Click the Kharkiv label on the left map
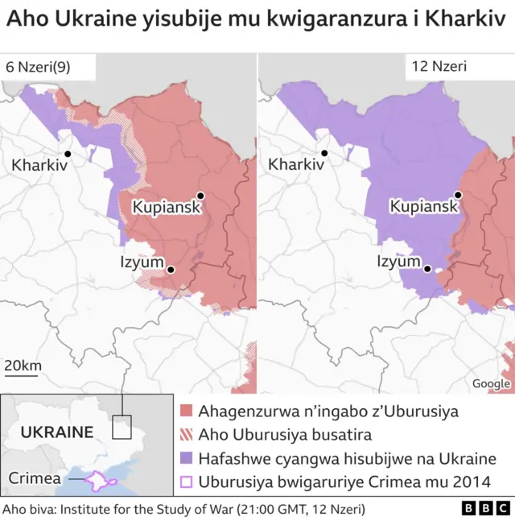pos(39,165)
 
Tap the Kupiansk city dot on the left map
pos(200,195)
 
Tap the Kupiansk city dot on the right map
pos(458,195)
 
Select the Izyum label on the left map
pos(142,262)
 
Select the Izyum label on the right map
pos(399,262)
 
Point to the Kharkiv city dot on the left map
pos(68,154)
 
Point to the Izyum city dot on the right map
pos(428,270)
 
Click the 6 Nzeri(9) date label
pos(38,68)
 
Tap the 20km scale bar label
pos(23,366)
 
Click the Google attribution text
pos(491,383)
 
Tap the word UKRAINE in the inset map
pos(56,432)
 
